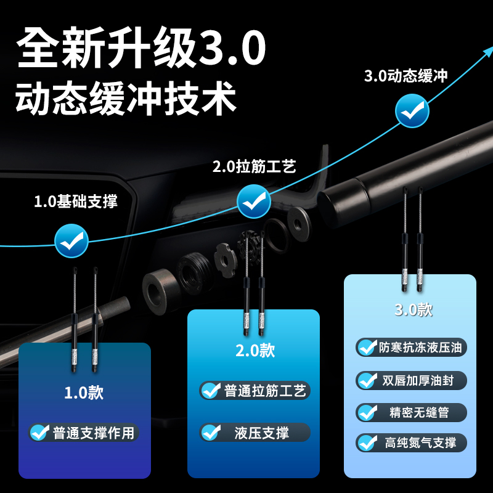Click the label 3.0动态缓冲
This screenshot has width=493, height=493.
(405, 76)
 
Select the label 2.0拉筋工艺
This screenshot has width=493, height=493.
(254, 166)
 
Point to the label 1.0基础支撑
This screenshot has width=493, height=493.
(75, 202)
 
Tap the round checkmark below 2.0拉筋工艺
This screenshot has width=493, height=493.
(255, 201)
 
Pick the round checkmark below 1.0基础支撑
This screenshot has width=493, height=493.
(71, 240)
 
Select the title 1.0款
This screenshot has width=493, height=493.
(84, 393)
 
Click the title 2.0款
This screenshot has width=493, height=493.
(255, 351)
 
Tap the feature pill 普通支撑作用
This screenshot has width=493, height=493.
(84, 433)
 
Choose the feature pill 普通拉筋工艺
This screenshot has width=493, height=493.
(255, 391)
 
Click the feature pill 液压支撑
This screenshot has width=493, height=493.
(255, 433)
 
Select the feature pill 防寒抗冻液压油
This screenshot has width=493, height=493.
(411, 347)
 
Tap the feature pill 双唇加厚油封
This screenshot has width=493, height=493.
(411, 380)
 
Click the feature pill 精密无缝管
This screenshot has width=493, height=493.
(411, 412)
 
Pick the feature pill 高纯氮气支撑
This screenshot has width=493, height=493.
(411, 442)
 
